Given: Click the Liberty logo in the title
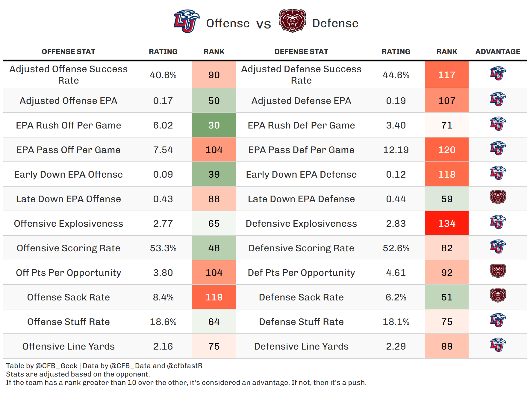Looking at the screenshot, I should (186, 21).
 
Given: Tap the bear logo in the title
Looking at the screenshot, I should (292, 21).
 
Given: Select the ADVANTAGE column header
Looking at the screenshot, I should (498, 52).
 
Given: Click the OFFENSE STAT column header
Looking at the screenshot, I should (68, 52).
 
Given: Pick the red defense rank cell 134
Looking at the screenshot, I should (446, 223).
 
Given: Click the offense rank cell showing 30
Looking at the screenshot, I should (214, 125).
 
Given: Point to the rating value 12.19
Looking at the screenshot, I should (396, 150).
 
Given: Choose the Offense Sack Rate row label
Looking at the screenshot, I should (68, 297).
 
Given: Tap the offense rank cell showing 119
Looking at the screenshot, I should (214, 297).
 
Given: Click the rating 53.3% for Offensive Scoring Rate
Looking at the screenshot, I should (163, 248).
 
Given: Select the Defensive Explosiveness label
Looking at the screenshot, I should (301, 223).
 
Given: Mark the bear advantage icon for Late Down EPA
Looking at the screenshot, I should (498, 198).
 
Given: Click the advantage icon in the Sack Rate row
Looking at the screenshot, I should (498, 296).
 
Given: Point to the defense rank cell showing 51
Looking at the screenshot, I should (446, 297).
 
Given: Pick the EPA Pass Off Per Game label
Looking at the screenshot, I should (68, 150).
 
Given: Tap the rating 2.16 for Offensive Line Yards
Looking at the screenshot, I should (163, 346).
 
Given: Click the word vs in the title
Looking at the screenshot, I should (264, 24).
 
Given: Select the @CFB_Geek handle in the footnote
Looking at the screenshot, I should (57, 366).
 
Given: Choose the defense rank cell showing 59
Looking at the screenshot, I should (446, 199).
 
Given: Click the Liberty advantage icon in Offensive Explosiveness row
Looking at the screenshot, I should (498, 222).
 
